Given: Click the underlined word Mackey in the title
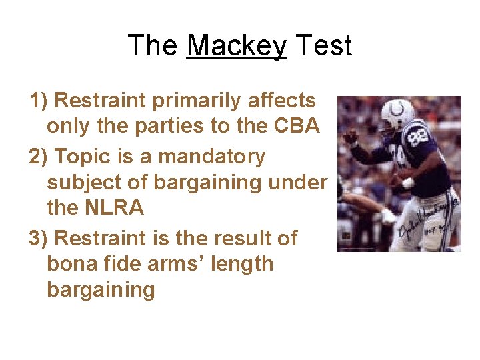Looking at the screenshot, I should point(237,46).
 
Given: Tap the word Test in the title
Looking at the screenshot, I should point(323,46).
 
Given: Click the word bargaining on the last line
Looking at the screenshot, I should point(101,290).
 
